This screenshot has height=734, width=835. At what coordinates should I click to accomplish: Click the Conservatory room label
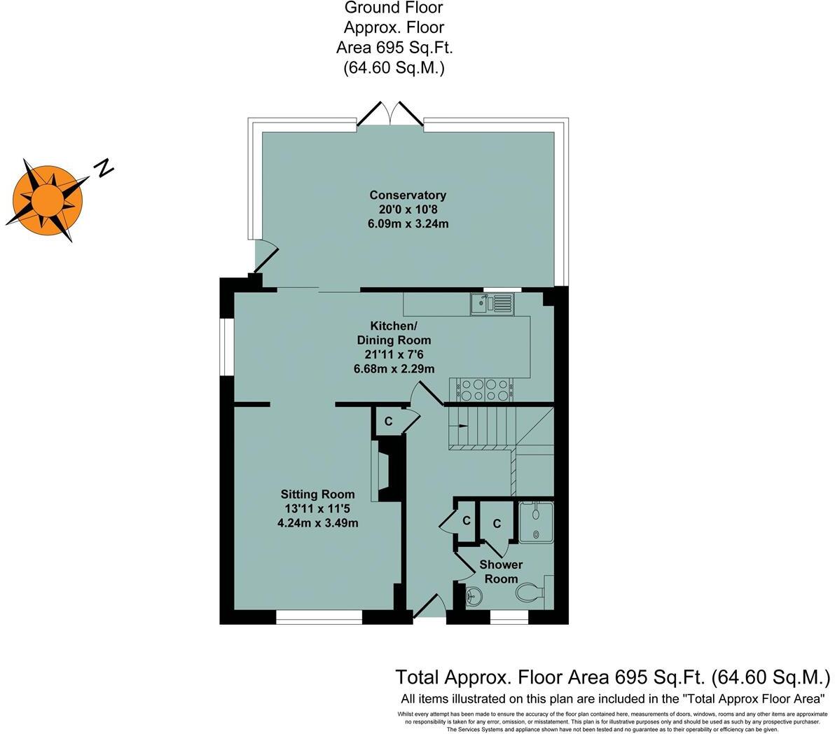point(408,195)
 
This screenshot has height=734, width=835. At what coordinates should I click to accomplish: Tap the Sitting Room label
point(318,494)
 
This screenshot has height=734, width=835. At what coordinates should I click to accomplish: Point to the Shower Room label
point(501,572)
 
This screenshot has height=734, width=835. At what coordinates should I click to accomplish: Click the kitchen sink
point(492,304)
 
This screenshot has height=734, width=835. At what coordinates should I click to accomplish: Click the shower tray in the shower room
point(536,522)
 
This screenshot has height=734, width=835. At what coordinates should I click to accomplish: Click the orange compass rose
point(48,199)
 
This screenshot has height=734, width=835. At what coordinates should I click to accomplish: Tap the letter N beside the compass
point(104,167)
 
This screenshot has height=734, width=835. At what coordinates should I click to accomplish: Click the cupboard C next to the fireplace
point(388,422)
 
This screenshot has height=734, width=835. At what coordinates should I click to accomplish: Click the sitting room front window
point(319,617)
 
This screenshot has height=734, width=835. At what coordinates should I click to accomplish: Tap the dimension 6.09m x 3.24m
point(408,224)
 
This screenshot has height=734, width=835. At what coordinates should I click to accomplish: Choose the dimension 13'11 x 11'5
point(318,508)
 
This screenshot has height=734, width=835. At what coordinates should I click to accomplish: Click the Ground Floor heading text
point(394,8)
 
